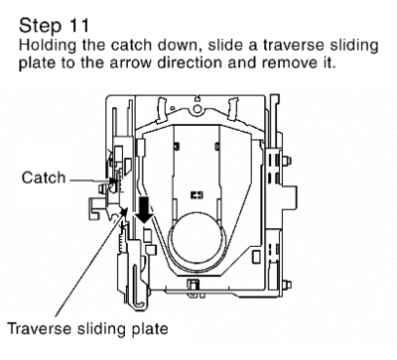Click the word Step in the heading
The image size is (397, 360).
click(41, 27)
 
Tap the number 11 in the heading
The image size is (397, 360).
click(79, 26)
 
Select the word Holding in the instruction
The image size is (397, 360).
click(48, 46)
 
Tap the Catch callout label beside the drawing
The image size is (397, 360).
click(44, 178)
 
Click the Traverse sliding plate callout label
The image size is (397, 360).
click(87, 329)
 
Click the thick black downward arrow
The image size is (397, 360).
click(144, 209)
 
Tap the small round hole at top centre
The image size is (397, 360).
click(198, 108)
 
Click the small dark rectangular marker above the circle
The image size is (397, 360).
click(197, 195)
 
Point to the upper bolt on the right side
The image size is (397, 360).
click(286, 161)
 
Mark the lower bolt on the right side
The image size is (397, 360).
click(287, 285)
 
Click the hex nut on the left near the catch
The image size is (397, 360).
click(102, 188)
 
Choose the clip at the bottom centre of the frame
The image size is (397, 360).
click(195, 287)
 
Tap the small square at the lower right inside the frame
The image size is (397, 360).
click(256, 257)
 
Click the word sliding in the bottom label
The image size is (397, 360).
click(101, 329)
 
